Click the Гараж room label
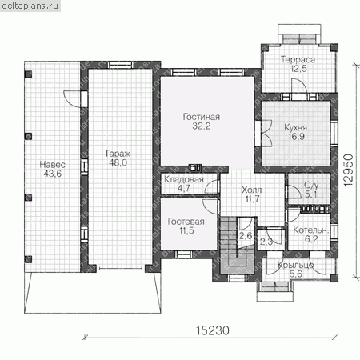point(118,154)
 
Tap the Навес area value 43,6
point(53,174)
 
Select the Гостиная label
point(202,117)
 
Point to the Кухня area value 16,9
point(296,137)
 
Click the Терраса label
point(298,59)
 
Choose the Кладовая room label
point(184,179)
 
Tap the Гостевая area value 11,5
point(186,230)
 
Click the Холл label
point(251,190)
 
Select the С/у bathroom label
point(311,185)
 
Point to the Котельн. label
point(310,230)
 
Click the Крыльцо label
point(296,265)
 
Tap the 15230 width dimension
point(213,330)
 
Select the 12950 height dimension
point(348,170)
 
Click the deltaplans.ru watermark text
point(30,6)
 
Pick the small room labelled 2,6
point(246,235)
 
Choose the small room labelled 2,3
point(266,242)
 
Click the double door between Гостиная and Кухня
point(263,133)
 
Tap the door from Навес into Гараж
point(73,98)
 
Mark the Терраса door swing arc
point(299,86)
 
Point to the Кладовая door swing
point(212,186)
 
